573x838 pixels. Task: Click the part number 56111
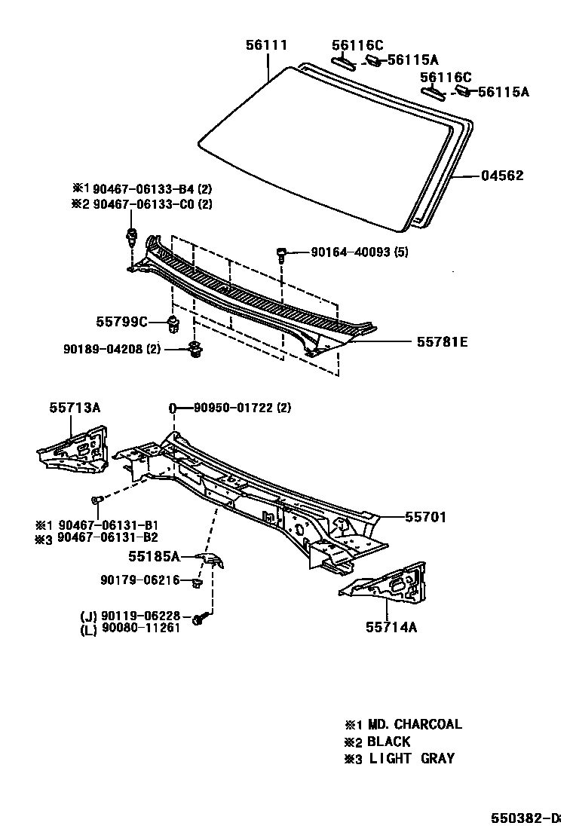pyautogui.click(x=266, y=45)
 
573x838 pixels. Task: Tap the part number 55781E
pyautogui.click(x=442, y=342)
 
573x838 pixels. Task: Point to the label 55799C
pyautogui.click(x=121, y=322)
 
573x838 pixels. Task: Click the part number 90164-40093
pyautogui.click(x=351, y=252)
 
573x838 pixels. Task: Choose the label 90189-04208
pyautogui.click(x=102, y=349)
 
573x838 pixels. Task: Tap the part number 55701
pyautogui.click(x=425, y=517)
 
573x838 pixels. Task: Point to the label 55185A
pyautogui.click(x=154, y=557)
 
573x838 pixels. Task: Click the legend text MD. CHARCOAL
pyautogui.click(x=415, y=724)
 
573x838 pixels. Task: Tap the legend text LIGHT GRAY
pyautogui.click(x=412, y=758)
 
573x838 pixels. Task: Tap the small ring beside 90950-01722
pyautogui.click(x=173, y=408)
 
